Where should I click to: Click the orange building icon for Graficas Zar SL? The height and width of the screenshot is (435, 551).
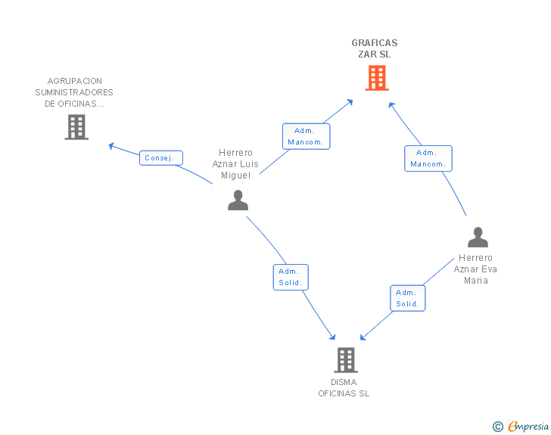click(377, 78)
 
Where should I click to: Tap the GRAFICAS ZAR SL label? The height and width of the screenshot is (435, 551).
click(375, 48)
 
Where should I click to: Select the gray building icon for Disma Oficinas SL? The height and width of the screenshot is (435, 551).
click(346, 360)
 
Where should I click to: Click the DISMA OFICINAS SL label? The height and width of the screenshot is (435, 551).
click(344, 388)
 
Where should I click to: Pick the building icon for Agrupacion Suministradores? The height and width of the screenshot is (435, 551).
click(76, 127)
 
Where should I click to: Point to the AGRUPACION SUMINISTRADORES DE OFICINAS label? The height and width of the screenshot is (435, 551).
click(74, 92)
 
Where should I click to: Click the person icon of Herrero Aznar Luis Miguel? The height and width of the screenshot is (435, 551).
click(238, 200)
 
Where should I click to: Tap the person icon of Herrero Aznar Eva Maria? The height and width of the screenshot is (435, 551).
click(478, 238)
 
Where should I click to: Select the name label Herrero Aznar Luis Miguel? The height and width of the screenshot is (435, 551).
click(235, 163)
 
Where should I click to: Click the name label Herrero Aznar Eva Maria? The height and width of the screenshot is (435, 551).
click(475, 269)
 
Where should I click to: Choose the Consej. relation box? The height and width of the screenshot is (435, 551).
click(161, 158)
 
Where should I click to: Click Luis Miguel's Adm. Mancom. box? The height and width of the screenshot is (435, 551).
click(306, 136)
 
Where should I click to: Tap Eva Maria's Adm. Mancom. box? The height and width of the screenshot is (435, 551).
click(428, 158)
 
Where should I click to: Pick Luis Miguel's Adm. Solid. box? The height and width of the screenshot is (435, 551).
click(291, 277)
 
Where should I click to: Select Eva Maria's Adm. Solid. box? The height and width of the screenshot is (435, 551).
click(408, 298)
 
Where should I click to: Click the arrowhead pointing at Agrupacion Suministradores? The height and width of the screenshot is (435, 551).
click(111, 145)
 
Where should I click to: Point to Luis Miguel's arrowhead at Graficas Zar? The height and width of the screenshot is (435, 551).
click(350, 102)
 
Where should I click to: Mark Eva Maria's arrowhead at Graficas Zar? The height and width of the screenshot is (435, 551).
click(391, 104)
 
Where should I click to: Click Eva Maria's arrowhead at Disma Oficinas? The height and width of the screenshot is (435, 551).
click(363, 337)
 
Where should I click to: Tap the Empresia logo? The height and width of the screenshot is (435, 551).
click(521, 426)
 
